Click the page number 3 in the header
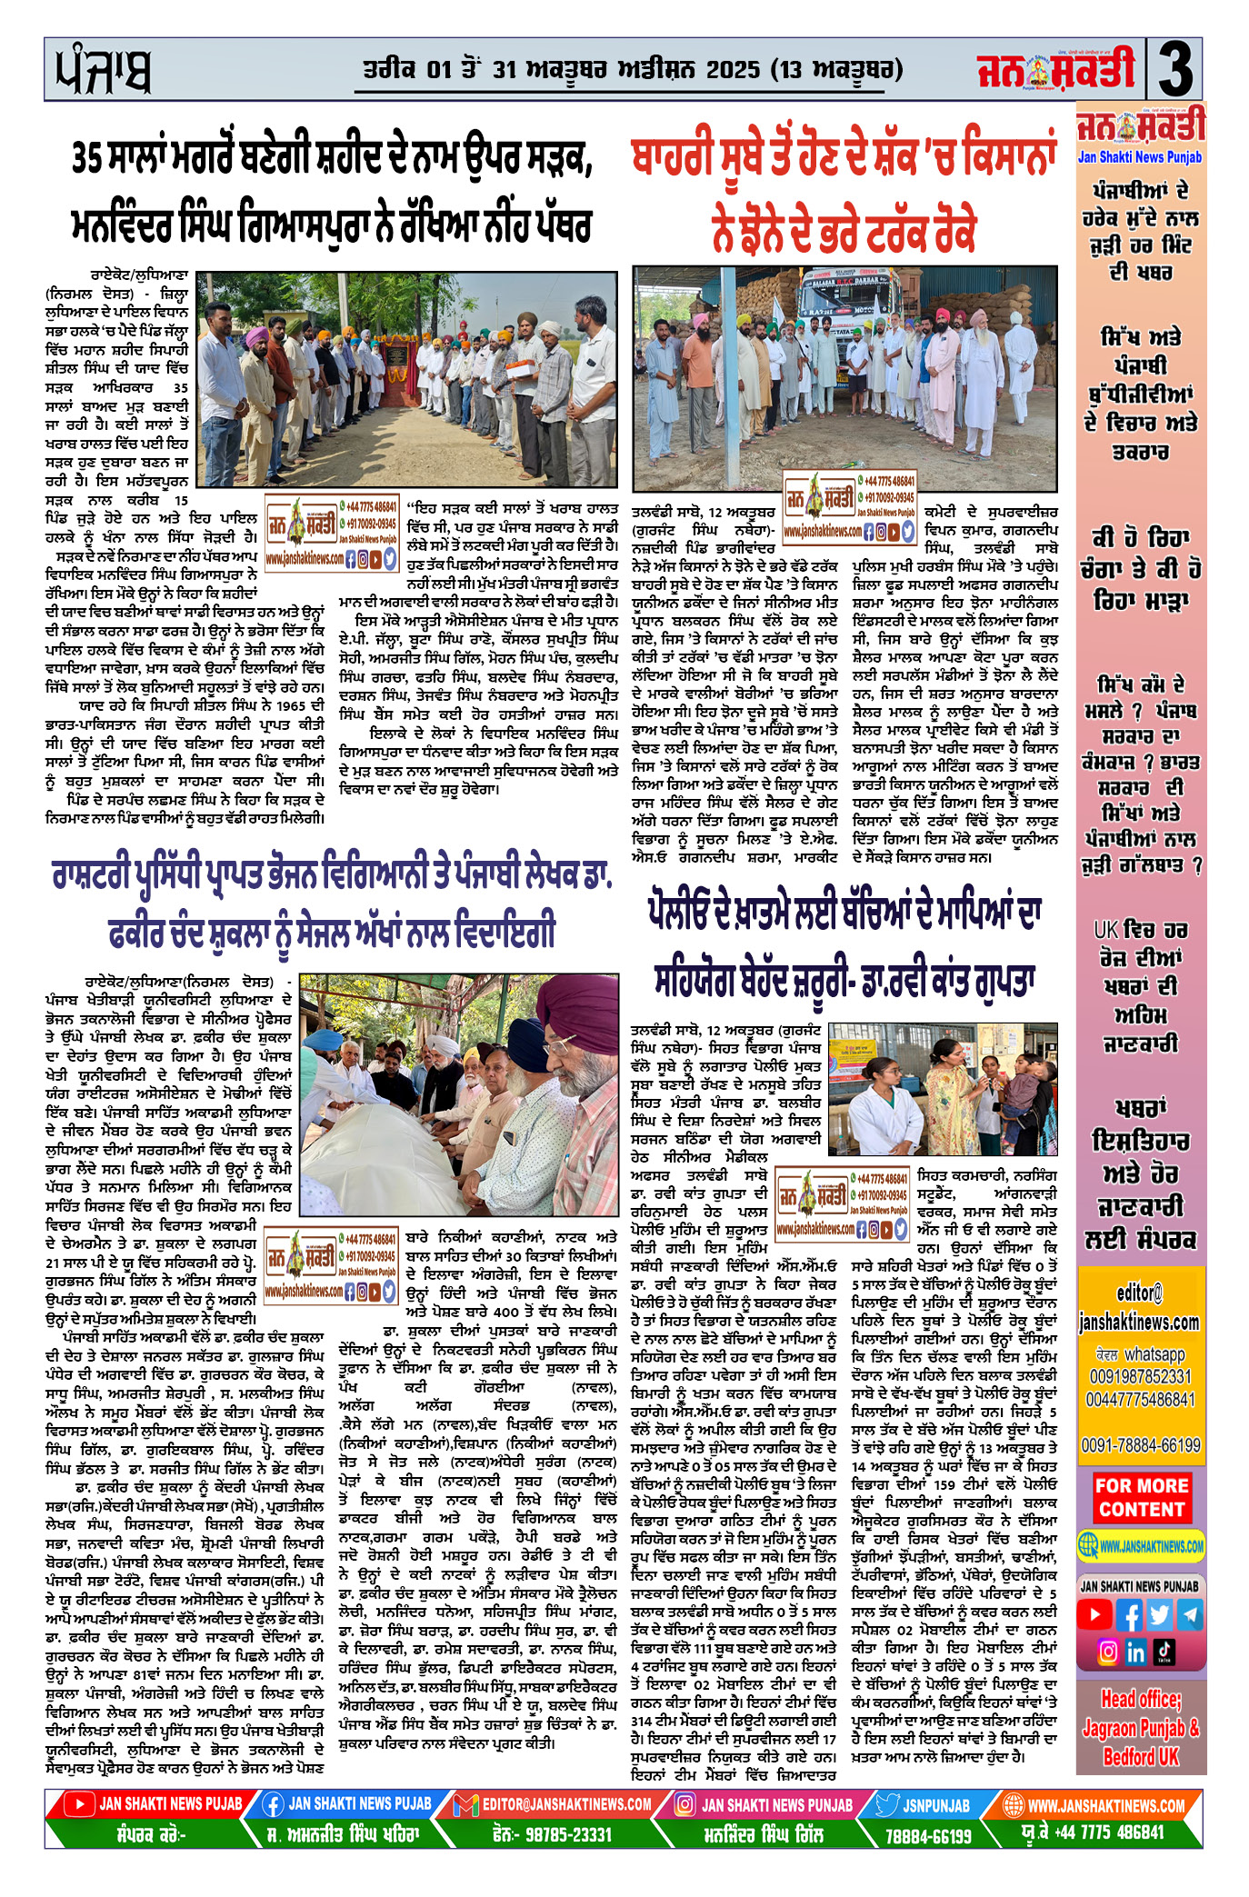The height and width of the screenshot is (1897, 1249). (x=1176, y=70)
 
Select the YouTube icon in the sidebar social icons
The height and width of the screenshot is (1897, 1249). (x=1095, y=1615)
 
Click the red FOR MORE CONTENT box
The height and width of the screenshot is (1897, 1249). (x=1141, y=1498)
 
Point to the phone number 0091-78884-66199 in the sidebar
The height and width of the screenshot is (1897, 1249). (x=1141, y=1445)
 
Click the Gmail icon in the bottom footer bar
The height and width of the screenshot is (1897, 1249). (x=465, y=1804)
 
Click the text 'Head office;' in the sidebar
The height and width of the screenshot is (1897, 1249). (x=1141, y=1699)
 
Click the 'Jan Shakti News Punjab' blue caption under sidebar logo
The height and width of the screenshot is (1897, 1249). (x=1140, y=157)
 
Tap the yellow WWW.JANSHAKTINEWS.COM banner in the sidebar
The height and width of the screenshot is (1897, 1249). (x=1141, y=1545)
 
